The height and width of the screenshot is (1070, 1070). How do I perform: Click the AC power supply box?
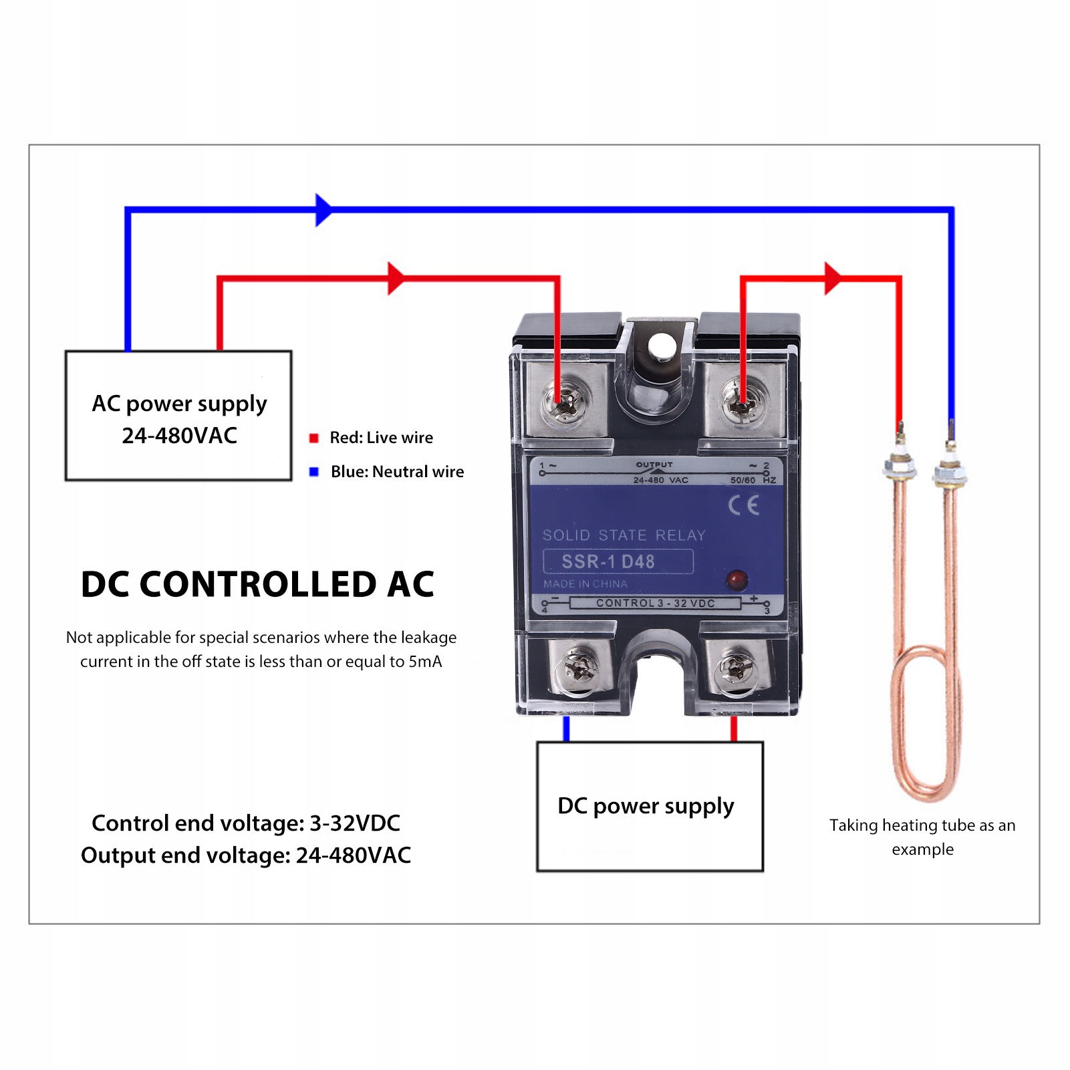[178, 416]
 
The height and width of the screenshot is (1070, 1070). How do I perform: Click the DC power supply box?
[650, 806]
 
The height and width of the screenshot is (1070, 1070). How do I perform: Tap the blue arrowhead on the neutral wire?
[323, 210]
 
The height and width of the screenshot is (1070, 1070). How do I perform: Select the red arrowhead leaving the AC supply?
[396, 278]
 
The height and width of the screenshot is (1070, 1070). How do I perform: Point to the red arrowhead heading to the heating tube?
[832, 278]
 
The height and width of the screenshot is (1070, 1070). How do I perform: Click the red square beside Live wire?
[313, 438]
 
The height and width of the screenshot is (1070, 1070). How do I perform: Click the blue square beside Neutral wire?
[313, 472]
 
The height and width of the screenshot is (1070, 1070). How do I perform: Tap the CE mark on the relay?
[743, 505]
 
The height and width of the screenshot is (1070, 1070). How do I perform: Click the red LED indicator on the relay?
[737, 579]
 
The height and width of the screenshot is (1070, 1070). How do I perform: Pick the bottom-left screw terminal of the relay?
[576, 668]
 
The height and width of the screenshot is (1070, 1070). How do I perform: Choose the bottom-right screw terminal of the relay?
[735, 668]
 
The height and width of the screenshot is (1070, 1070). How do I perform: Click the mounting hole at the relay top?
[662, 346]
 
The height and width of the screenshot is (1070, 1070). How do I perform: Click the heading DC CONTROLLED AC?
[257, 584]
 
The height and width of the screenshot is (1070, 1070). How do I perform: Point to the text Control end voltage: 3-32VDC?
[246, 823]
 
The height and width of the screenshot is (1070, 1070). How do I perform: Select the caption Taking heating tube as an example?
[922, 837]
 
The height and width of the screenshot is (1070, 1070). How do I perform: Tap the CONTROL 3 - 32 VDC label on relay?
[655, 604]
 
